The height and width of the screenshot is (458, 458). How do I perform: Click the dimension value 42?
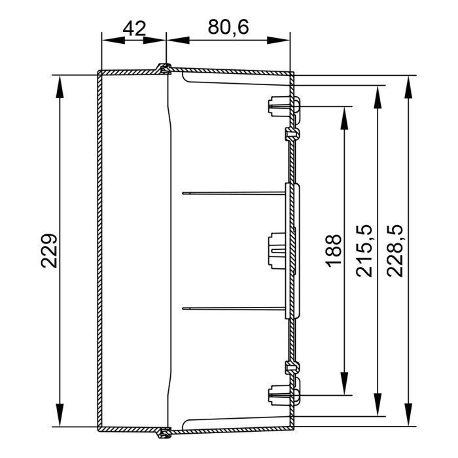pos(134,29)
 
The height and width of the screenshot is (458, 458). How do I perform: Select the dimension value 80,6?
pos(228,27)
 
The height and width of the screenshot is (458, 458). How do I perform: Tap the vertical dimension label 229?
pos(49,251)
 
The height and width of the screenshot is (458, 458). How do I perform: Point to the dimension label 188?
pos(333,251)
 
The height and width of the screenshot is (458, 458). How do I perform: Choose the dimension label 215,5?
pos(364,251)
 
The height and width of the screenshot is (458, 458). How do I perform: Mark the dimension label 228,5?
pos(395,251)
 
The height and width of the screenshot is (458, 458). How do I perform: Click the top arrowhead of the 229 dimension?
pos(60,87)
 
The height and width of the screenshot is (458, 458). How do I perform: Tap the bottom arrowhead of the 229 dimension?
pos(60,415)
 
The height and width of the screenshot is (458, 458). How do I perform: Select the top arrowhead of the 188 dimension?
pos(345,118)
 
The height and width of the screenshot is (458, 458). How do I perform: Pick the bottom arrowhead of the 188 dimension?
pos(345,384)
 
